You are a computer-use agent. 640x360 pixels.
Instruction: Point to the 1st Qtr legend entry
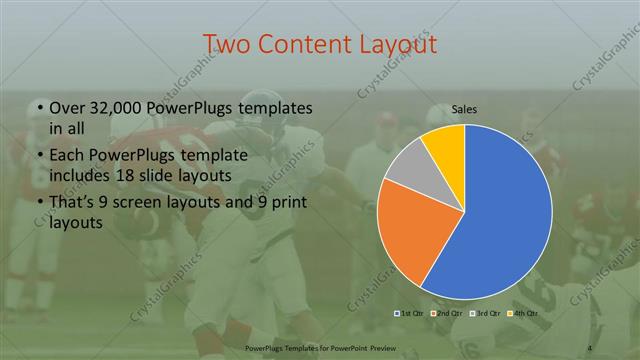[411, 314]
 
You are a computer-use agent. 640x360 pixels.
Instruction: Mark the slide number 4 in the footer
[590, 347]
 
